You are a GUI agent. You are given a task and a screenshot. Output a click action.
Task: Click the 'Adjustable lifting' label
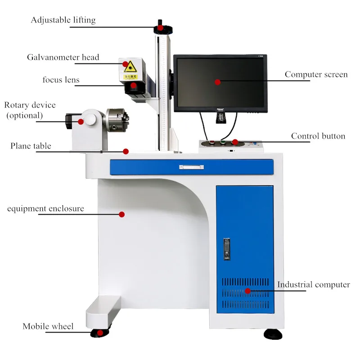(x=63, y=20)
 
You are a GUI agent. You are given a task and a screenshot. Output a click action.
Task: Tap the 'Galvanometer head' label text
(x=63, y=57)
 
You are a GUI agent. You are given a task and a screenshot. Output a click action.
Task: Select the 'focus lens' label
(x=61, y=80)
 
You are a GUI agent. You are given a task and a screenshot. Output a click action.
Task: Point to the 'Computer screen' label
(x=316, y=74)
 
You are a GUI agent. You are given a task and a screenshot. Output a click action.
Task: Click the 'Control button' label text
(x=318, y=136)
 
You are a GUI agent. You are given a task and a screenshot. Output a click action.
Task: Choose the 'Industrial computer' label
(x=313, y=284)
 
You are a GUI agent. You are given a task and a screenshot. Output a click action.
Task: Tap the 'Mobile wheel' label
(x=48, y=326)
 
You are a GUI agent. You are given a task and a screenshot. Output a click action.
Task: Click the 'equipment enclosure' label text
(x=45, y=209)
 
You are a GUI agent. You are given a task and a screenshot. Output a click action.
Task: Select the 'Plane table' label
(x=31, y=146)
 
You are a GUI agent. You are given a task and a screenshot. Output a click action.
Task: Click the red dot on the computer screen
(x=218, y=82)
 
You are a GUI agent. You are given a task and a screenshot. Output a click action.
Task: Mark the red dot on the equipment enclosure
(x=121, y=215)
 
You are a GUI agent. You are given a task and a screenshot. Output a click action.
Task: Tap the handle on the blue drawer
(x=191, y=167)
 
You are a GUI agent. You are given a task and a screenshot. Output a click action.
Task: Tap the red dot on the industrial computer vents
(x=247, y=291)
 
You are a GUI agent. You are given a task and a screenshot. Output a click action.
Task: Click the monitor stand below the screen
(x=220, y=118)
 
